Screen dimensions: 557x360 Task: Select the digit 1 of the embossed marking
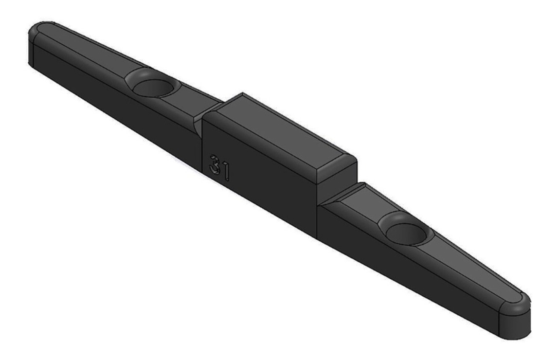pos(225,172)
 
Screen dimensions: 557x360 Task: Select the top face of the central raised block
pos(281,135)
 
